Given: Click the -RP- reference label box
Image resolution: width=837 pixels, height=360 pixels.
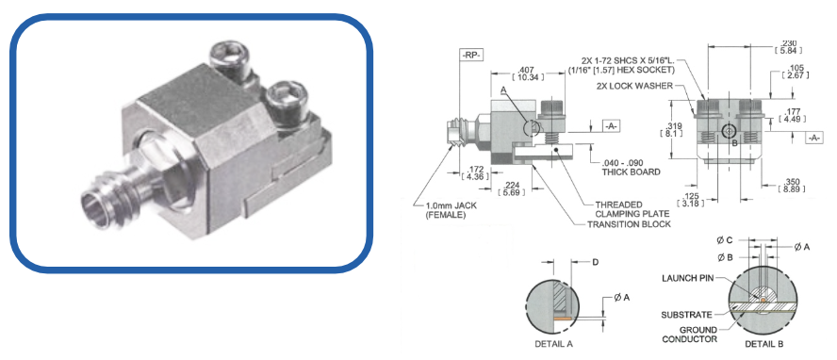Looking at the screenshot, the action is click(x=470, y=55).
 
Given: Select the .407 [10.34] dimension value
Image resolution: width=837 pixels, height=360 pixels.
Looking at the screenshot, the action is click(x=528, y=74).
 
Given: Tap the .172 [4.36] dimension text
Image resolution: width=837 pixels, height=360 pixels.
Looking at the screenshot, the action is click(x=474, y=172).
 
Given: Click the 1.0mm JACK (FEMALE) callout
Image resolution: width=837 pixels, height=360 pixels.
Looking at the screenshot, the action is click(x=446, y=211).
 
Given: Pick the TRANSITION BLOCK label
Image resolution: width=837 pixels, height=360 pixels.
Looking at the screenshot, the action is click(x=629, y=224).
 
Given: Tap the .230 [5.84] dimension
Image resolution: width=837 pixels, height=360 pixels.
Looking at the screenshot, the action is click(x=784, y=47).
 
